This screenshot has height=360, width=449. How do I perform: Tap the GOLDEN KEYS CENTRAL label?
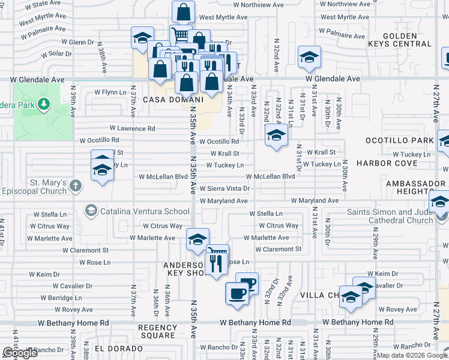408,40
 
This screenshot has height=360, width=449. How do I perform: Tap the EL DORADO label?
108,348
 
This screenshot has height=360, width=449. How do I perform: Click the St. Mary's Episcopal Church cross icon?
76,185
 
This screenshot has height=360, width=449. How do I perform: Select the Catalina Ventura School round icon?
91,211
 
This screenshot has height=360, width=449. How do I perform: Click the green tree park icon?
43,105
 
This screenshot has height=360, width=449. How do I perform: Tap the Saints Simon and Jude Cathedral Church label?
390,216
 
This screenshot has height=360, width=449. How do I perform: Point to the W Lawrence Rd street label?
132,128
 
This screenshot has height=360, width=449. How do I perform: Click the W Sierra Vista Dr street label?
224,188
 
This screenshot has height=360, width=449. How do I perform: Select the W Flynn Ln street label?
110,93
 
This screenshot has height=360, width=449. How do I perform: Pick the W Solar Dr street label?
56,54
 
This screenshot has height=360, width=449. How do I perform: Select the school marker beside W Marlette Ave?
197,239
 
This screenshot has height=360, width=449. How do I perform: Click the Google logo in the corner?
20,353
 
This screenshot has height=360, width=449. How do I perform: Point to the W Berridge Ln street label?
61,298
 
